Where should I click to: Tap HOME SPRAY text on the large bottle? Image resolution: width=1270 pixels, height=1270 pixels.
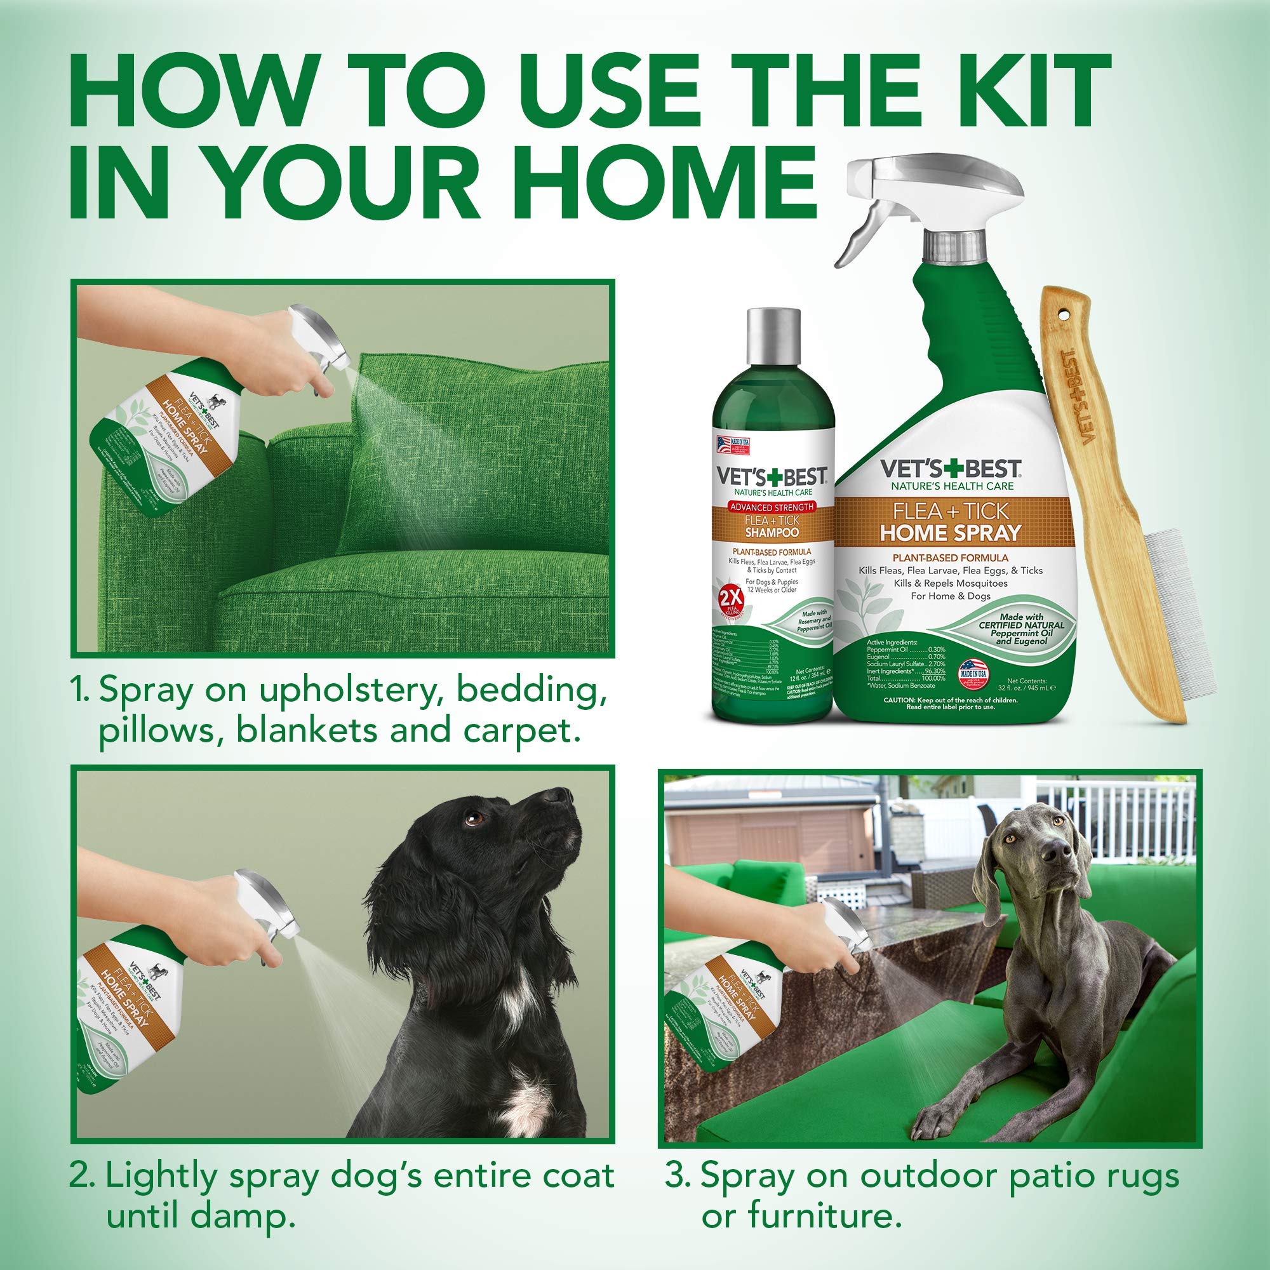[951, 533]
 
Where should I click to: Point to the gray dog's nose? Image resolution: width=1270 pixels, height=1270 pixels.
[1060, 854]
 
